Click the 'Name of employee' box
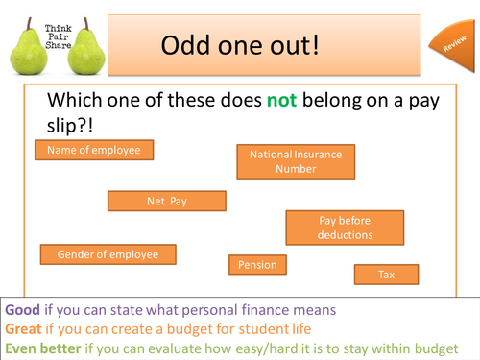[x=94, y=150]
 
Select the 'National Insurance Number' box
[x=296, y=160]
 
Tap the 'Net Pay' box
[x=167, y=201]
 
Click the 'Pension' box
[x=258, y=264]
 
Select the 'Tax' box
[x=386, y=275]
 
